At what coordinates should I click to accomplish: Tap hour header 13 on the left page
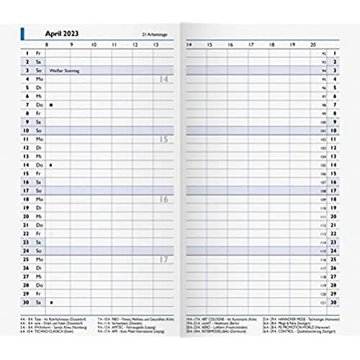[157, 45]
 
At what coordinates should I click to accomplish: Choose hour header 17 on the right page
[249, 45]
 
